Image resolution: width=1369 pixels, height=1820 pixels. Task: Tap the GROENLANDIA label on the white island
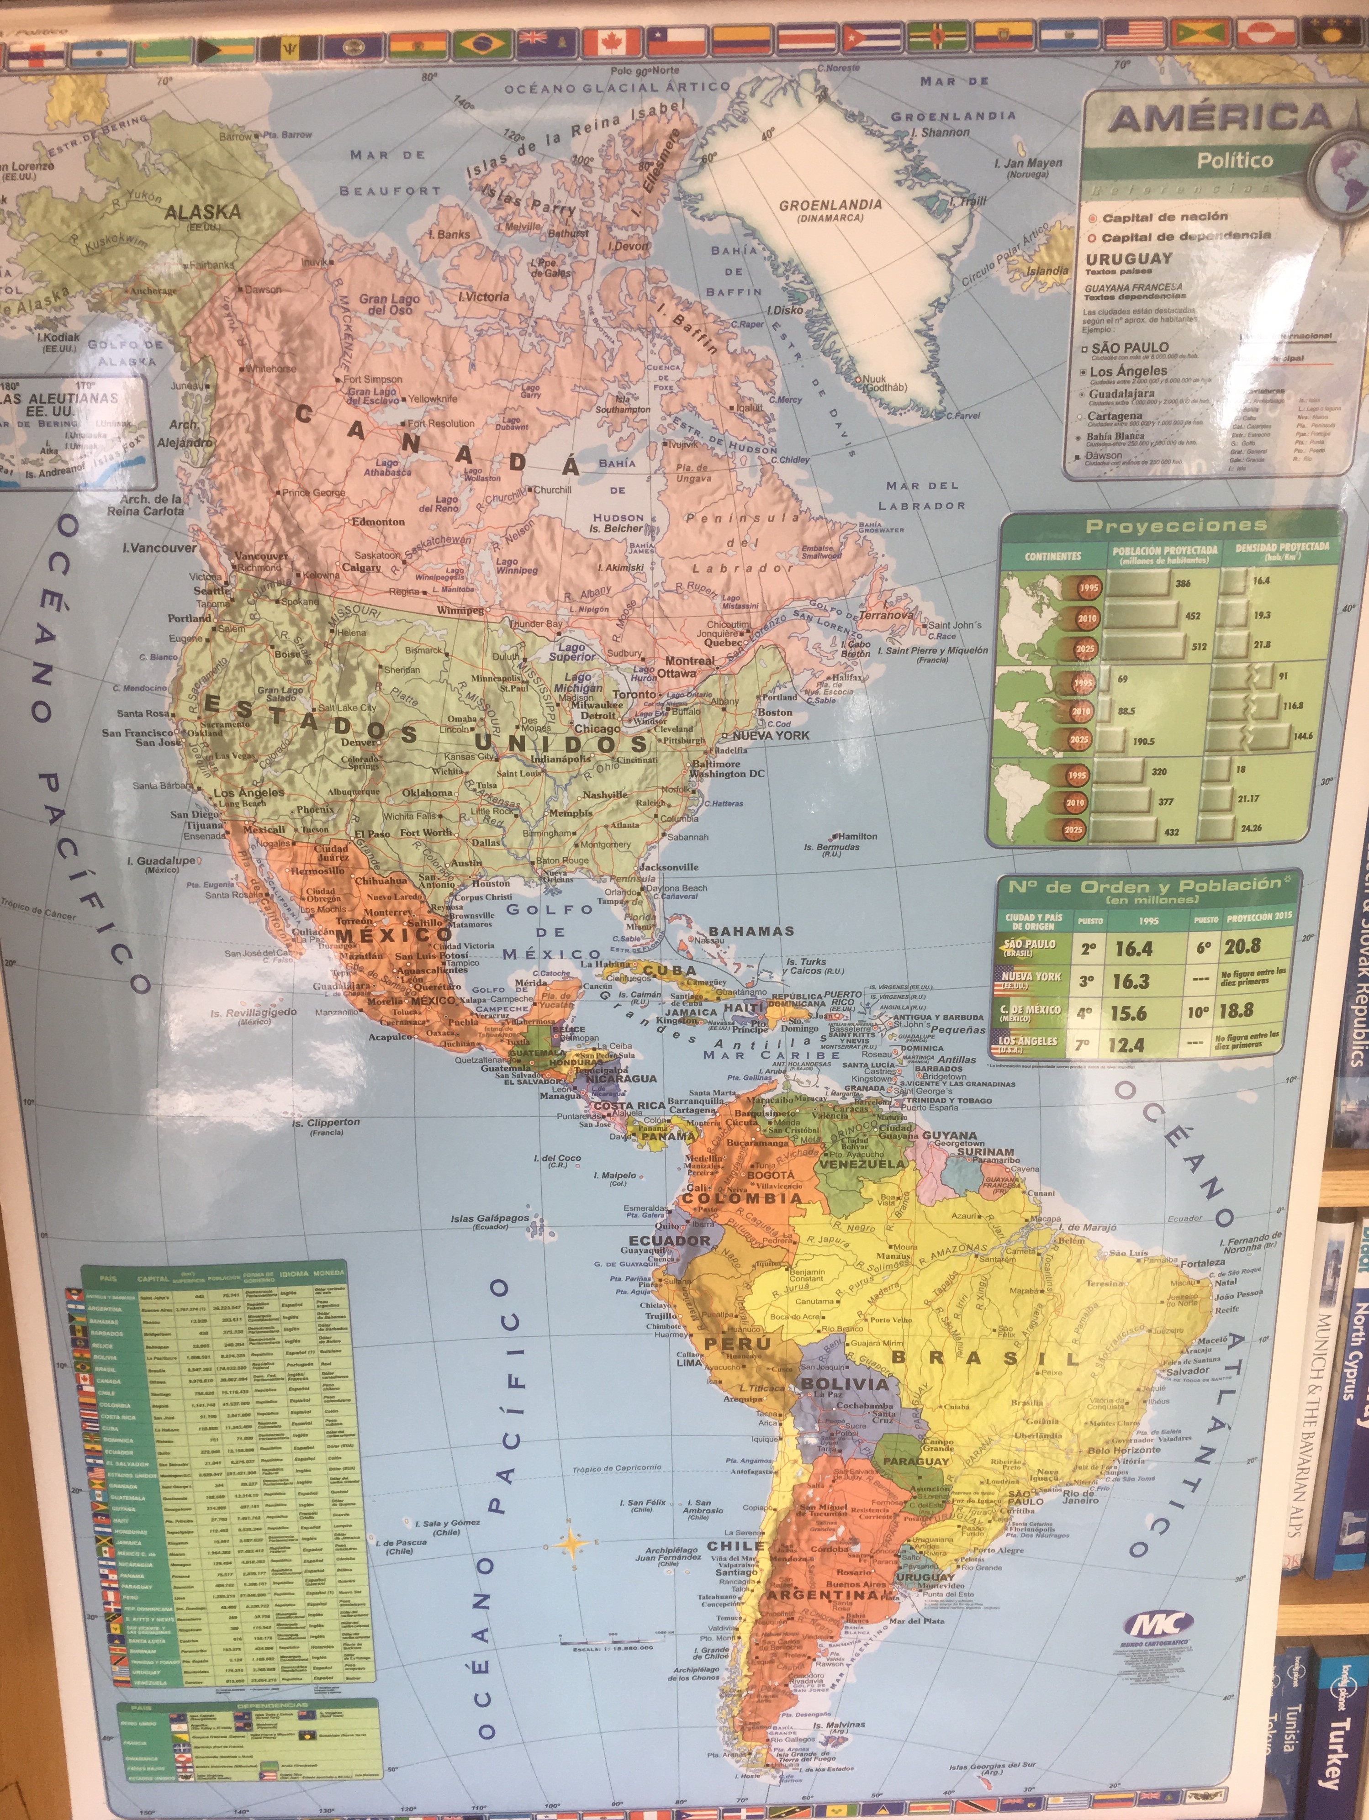point(830,206)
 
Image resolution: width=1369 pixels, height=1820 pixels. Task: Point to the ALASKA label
point(202,212)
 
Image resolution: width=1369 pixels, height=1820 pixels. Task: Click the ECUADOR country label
point(669,1240)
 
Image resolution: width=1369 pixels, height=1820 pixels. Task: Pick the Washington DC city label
point(726,773)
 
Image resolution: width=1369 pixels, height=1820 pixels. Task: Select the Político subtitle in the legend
point(1234,160)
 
